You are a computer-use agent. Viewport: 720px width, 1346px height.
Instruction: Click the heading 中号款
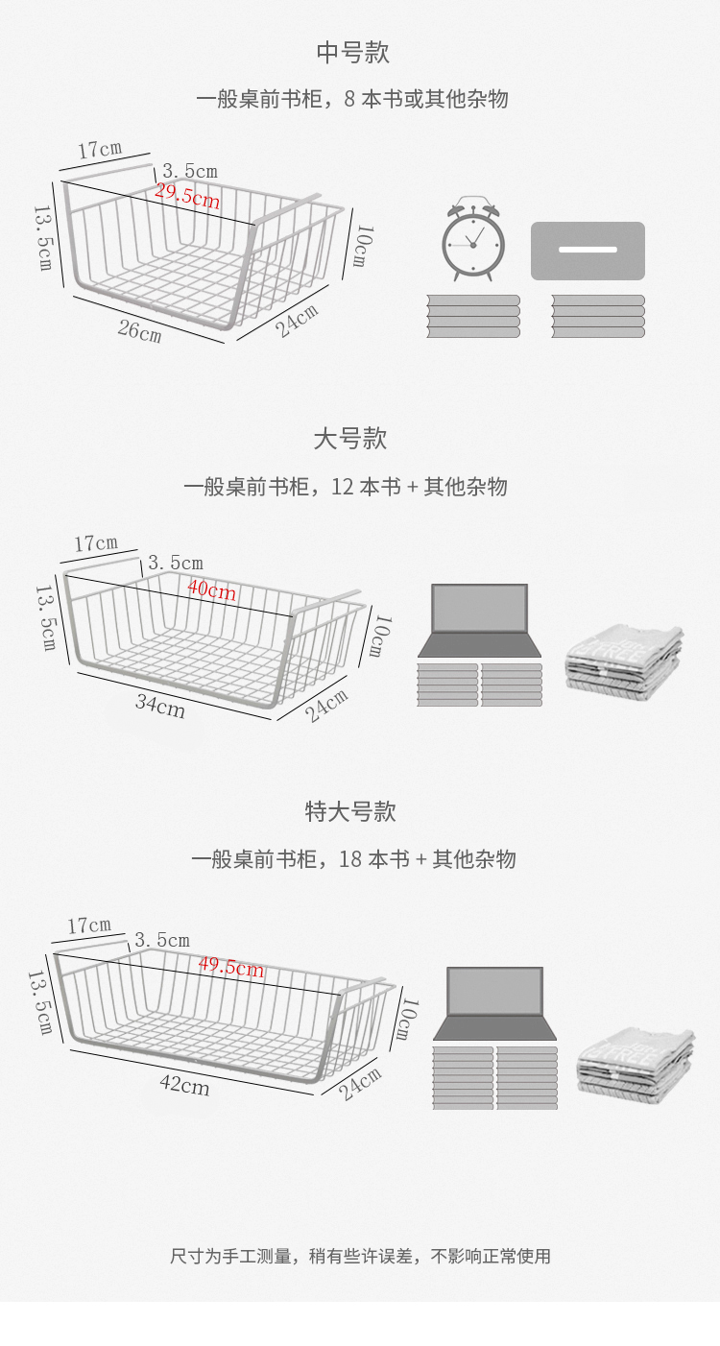tap(352, 53)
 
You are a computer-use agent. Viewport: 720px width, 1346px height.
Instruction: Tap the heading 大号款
tap(350, 440)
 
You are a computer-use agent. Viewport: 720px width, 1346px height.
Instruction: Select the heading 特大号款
tap(350, 812)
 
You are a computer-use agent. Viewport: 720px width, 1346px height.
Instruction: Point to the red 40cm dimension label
tap(211, 589)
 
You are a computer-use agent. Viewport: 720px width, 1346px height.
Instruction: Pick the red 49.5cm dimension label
tap(231, 967)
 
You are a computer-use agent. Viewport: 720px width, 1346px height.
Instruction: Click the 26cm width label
tap(139, 331)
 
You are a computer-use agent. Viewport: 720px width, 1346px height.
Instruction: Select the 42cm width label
tap(184, 1086)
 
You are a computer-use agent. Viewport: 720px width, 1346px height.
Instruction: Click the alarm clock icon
tap(473, 240)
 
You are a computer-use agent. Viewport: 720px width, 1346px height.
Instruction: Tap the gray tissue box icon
tap(588, 251)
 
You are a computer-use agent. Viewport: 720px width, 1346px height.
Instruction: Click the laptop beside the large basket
tap(479, 620)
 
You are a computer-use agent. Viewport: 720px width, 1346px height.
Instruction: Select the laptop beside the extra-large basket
tap(494, 1003)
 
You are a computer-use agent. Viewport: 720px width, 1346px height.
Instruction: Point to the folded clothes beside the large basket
tap(625, 658)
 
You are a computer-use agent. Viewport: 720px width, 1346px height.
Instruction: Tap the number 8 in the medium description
tap(348, 99)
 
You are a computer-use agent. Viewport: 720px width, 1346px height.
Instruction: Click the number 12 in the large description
tap(343, 487)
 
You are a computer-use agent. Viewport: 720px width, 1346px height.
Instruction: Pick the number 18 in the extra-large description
tap(351, 859)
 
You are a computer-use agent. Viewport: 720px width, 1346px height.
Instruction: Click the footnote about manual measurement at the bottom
tap(360, 1256)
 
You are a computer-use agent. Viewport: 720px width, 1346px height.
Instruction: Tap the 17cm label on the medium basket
tap(100, 150)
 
